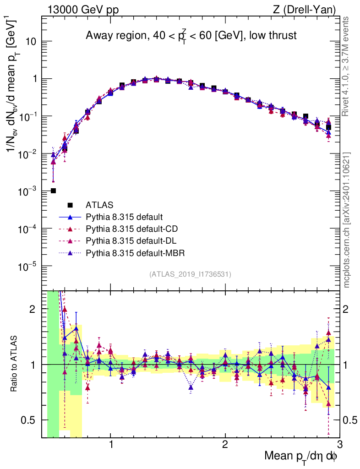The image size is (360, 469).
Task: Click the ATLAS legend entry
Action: pyautogui.click(x=99, y=205)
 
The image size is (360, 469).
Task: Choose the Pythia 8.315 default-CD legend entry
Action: pyautogui.click(x=131, y=229)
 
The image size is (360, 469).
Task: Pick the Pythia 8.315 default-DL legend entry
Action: pyautogui.click(x=130, y=240)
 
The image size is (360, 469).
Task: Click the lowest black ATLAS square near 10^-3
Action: pyautogui.click(x=53, y=191)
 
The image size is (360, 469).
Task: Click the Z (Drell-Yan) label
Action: pyautogui.click(x=308, y=10)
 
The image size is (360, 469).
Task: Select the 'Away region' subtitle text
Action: pyautogui.click(x=191, y=35)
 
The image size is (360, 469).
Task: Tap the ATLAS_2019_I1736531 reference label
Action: pyautogui.click(x=190, y=274)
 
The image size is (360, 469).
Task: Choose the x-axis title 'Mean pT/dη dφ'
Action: pyautogui.click(x=301, y=457)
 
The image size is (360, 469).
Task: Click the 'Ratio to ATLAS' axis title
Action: pyautogui.click(x=15, y=365)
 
